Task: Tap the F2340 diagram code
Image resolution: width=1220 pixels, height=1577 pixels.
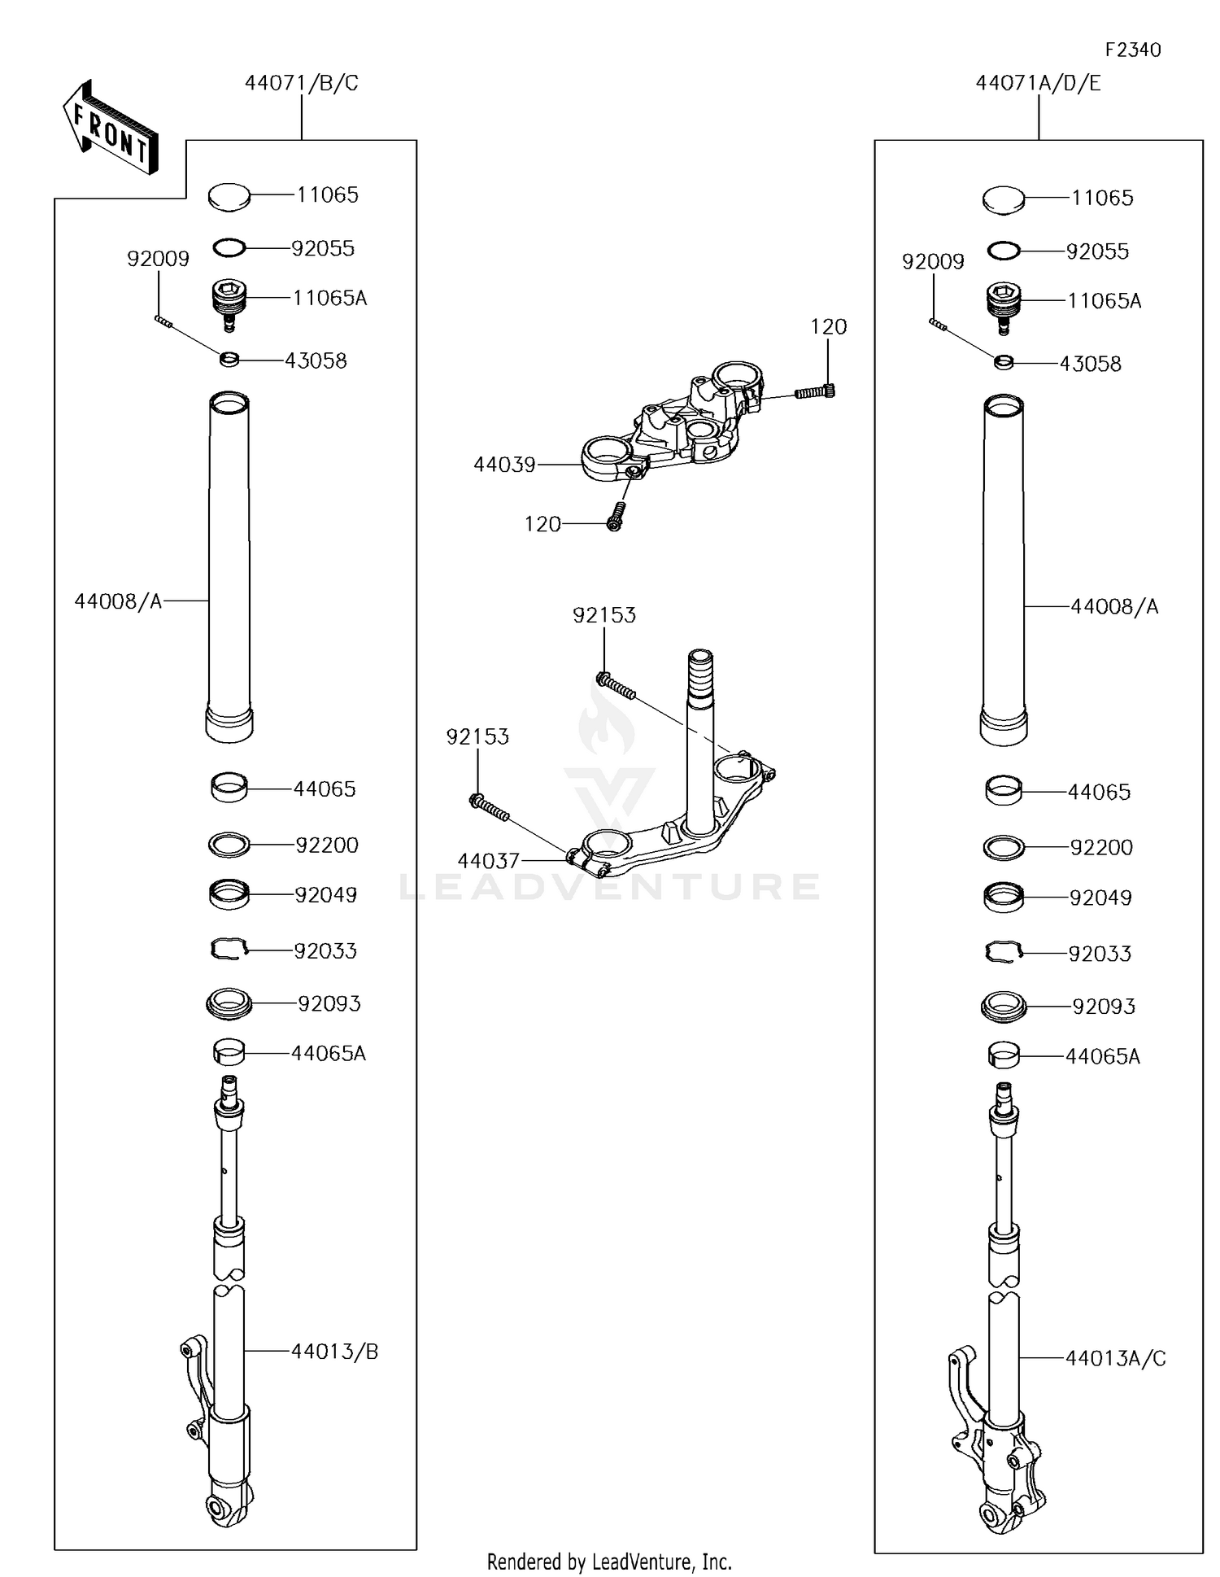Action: pyautogui.click(x=1132, y=50)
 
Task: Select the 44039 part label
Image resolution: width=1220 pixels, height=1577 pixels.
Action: pyautogui.click(x=504, y=465)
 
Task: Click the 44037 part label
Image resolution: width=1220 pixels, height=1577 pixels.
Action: pyautogui.click(x=488, y=861)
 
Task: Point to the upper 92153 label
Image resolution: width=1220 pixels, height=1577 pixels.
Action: pyautogui.click(x=603, y=615)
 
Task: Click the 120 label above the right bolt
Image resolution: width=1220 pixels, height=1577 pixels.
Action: pyautogui.click(x=828, y=327)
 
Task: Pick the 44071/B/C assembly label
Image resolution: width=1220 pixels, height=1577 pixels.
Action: pyautogui.click(x=301, y=83)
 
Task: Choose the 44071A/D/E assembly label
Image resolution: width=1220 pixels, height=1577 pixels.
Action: pyautogui.click(x=1038, y=83)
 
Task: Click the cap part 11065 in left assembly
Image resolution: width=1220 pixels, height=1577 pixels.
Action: pyautogui.click(x=229, y=196)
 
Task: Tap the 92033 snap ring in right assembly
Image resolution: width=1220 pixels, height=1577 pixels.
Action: pyautogui.click(x=1004, y=952)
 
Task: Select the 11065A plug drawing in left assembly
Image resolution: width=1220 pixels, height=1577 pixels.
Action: pyautogui.click(x=229, y=304)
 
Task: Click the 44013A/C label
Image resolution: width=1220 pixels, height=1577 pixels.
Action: pyautogui.click(x=1115, y=1358)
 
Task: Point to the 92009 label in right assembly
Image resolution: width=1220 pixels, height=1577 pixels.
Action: pyautogui.click(x=933, y=262)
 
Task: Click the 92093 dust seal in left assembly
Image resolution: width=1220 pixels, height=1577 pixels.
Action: pyautogui.click(x=229, y=1003)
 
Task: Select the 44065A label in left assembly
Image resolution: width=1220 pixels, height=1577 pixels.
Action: pyautogui.click(x=328, y=1054)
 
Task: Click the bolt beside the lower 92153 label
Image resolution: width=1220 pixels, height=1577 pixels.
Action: pyautogui.click(x=489, y=808)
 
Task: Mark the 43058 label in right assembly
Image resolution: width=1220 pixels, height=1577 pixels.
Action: pyautogui.click(x=1090, y=364)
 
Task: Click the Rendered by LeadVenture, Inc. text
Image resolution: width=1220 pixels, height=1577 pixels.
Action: pyautogui.click(x=609, y=1562)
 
